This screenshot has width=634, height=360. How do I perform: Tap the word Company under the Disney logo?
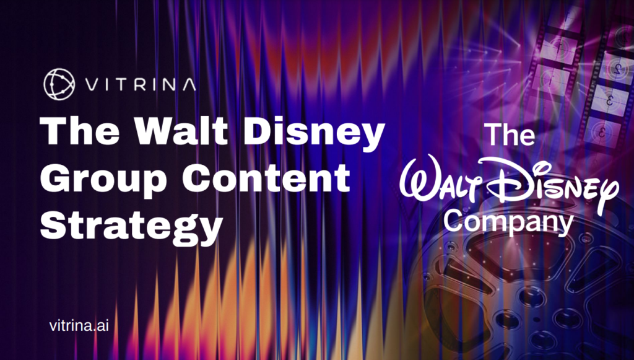coord(509,222)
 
